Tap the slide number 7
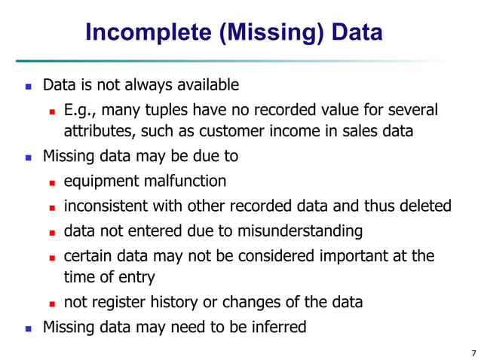(x=473, y=352)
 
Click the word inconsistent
(x=105, y=206)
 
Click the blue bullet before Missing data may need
(x=29, y=328)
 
